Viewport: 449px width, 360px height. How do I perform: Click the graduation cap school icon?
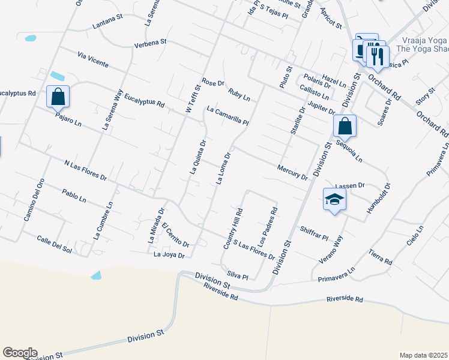[x=334, y=200]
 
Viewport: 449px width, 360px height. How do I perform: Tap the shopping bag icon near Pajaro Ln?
[x=58, y=97]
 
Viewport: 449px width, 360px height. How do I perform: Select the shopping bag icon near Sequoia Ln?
[x=345, y=126]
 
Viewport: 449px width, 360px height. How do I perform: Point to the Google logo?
[x=20, y=353]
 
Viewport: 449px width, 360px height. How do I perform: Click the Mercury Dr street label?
[x=292, y=173]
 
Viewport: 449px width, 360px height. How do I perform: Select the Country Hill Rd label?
[x=232, y=229]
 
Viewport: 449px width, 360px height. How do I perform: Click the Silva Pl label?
[x=237, y=275]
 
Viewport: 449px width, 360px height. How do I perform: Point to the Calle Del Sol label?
[x=54, y=244]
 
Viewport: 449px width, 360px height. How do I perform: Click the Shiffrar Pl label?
[x=315, y=233]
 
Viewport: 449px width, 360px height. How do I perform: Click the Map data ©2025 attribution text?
[x=423, y=355]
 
